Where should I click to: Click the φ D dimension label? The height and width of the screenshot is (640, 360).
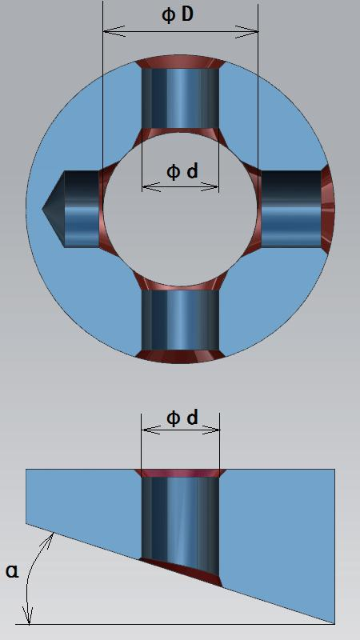178,14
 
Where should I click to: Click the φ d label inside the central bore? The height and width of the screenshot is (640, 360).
182,172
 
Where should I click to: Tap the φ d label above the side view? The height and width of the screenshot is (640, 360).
182,418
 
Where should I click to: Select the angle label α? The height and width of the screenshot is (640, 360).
12,571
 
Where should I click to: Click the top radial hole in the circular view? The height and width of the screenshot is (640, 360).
180,98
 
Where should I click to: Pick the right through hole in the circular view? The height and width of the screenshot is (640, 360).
290,209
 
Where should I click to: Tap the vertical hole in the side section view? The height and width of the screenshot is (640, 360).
180,518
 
